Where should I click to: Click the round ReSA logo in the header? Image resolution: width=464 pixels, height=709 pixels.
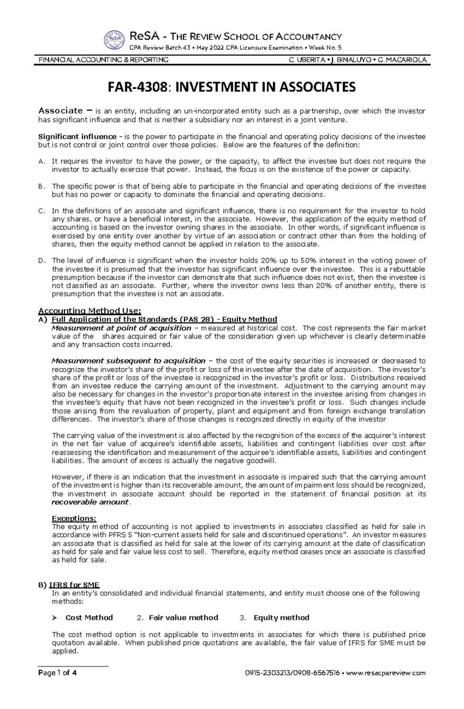coord(114,40)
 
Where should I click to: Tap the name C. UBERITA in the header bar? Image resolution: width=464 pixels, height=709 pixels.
coord(306,60)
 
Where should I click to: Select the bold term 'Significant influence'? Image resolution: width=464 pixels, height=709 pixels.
coord(77,137)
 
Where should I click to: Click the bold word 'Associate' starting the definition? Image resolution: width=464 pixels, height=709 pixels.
coord(60,111)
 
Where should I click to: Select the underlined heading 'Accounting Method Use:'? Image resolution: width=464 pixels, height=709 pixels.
coord(90,311)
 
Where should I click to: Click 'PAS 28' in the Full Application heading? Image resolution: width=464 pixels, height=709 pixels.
coord(197,320)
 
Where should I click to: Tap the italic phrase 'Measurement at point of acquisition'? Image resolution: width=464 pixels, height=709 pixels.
coord(121,328)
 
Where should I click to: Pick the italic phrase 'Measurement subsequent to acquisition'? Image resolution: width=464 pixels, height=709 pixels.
coord(128,361)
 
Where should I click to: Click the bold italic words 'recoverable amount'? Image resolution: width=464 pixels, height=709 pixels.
coord(90,502)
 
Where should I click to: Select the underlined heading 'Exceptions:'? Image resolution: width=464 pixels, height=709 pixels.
coord(74,519)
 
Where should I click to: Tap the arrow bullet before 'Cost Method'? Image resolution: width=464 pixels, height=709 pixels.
coord(55,618)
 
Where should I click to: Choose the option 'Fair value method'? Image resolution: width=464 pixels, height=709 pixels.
coord(183,618)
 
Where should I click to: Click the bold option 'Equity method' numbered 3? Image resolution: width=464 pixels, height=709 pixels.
coord(281,618)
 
